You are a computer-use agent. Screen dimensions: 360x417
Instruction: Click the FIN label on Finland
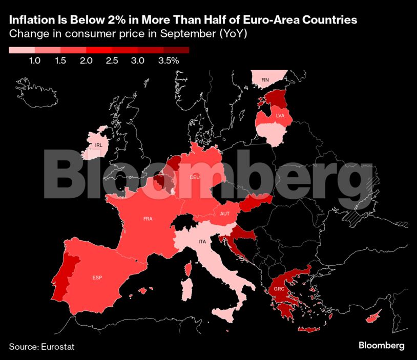point(265,80)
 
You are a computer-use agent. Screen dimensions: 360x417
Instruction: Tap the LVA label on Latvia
point(280,116)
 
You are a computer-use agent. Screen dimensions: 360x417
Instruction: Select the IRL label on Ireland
point(99,145)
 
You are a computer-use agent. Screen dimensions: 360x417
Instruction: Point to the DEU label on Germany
point(195,178)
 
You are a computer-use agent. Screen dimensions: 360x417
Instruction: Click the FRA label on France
point(148,219)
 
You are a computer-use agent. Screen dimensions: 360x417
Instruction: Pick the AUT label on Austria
point(224,214)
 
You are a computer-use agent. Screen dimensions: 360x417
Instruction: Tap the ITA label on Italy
point(202,241)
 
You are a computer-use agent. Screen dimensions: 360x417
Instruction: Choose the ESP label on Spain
point(97,278)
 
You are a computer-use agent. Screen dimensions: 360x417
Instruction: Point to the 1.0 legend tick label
point(34,61)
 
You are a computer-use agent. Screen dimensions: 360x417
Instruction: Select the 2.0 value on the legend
point(86,61)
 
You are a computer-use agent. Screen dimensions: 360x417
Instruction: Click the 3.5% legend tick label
point(169,61)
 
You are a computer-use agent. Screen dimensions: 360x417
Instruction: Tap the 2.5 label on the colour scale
point(112,61)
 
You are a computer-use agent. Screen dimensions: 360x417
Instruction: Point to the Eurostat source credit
point(56,347)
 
